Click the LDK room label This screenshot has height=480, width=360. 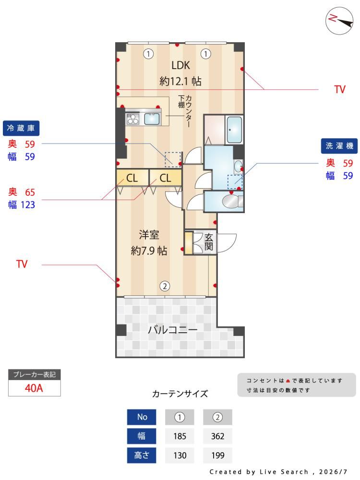(x=180, y=65)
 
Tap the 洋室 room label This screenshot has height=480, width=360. (x=149, y=235)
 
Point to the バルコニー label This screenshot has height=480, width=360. (x=172, y=330)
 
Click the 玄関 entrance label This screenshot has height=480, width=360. (x=209, y=242)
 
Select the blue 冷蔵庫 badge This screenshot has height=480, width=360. (x=21, y=128)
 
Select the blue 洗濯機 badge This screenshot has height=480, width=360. (x=339, y=146)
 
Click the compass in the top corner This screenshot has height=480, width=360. (x=339, y=21)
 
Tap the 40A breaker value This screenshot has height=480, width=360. (x=34, y=388)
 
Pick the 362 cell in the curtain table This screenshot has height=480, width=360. (x=217, y=436)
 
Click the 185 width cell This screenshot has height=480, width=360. (x=180, y=436)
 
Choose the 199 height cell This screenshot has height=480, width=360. (x=217, y=455)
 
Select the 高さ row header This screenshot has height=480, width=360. (x=142, y=455)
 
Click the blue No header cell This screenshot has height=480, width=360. (x=142, y=417)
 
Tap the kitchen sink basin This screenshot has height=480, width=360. (x=152, y=119)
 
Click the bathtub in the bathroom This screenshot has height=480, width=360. (x=235, y=130)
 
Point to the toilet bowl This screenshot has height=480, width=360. (x=230, y=202)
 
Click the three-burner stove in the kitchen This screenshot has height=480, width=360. (x=133, y=119)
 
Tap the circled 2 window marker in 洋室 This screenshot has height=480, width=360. (x=165, y=286)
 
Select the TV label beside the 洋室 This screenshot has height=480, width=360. (x=22, y=264)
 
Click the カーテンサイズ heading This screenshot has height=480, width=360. (x=180, y=394)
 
